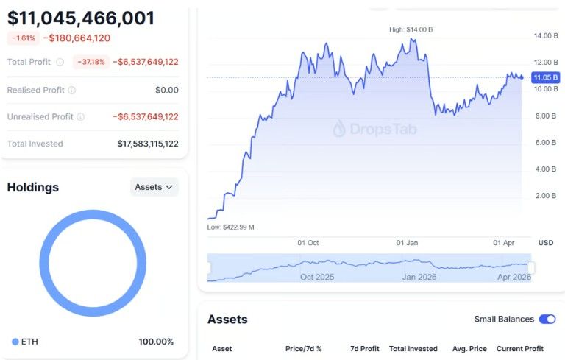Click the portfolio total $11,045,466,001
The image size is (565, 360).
81,18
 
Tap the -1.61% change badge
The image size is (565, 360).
23,38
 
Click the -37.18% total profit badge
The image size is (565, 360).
90,62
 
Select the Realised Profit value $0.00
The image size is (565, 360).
166,90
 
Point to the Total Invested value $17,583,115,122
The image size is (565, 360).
147,144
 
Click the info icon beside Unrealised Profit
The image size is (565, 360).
80,116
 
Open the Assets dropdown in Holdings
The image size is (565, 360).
154,187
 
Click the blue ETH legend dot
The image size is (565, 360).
15,342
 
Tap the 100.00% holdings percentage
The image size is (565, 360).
156,342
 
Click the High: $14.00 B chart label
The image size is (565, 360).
411,29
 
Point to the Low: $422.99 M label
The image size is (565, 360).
230,227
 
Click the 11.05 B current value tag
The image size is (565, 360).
545,77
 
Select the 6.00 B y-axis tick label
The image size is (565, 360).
544,142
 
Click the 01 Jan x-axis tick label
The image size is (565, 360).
407,242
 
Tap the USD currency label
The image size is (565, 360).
545,242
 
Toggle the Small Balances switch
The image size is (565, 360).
547,319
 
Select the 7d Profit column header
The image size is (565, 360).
364,348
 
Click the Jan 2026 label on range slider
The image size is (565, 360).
418,277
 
